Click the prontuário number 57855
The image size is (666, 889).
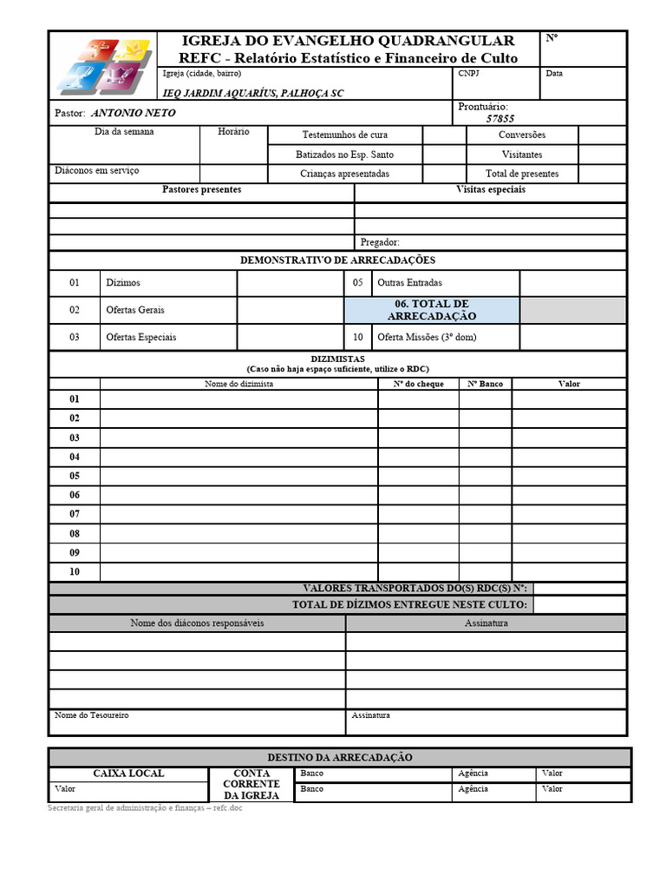[x=500, y=119]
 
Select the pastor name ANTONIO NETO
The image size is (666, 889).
[x=133, y=113]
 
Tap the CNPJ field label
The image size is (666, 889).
[x=468, y=74]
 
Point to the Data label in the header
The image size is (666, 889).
[x=554, y=74]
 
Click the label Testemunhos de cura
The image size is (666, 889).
[x=344, y=135]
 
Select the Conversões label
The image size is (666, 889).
[x=522, y=135]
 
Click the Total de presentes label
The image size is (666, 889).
[x=522, y=174]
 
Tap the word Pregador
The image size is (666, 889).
[x=380, y=242]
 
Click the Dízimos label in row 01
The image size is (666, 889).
[x=123, y=283]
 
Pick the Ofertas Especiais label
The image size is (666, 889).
[x=140, y=337]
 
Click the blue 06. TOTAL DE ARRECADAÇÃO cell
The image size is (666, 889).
[x=432, y=310]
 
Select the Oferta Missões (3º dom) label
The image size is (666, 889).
[x=427, y=337]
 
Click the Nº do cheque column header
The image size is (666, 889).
[x=418, y=384]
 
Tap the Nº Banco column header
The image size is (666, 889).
[x=485, y=384]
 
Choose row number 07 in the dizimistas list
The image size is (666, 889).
[x=75, y=514]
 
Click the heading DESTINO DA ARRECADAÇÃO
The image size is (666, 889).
[x=339, y=757]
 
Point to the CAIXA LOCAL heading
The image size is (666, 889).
[x=128, y=774]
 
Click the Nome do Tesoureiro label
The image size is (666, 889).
[x=92, y=715]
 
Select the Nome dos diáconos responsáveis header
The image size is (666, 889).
[x=197, y=623]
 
